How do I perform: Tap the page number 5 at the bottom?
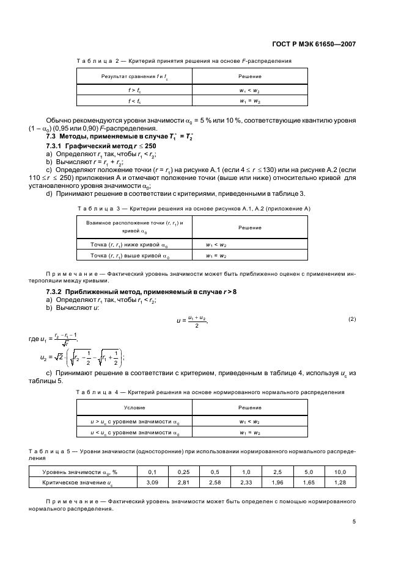tap(354, 521)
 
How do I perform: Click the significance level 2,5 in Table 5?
tap(277, 472)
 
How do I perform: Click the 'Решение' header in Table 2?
tap(250, 76)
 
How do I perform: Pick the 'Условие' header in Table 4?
tap(134, 408)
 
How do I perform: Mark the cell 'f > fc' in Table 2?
tap(134, 90)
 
